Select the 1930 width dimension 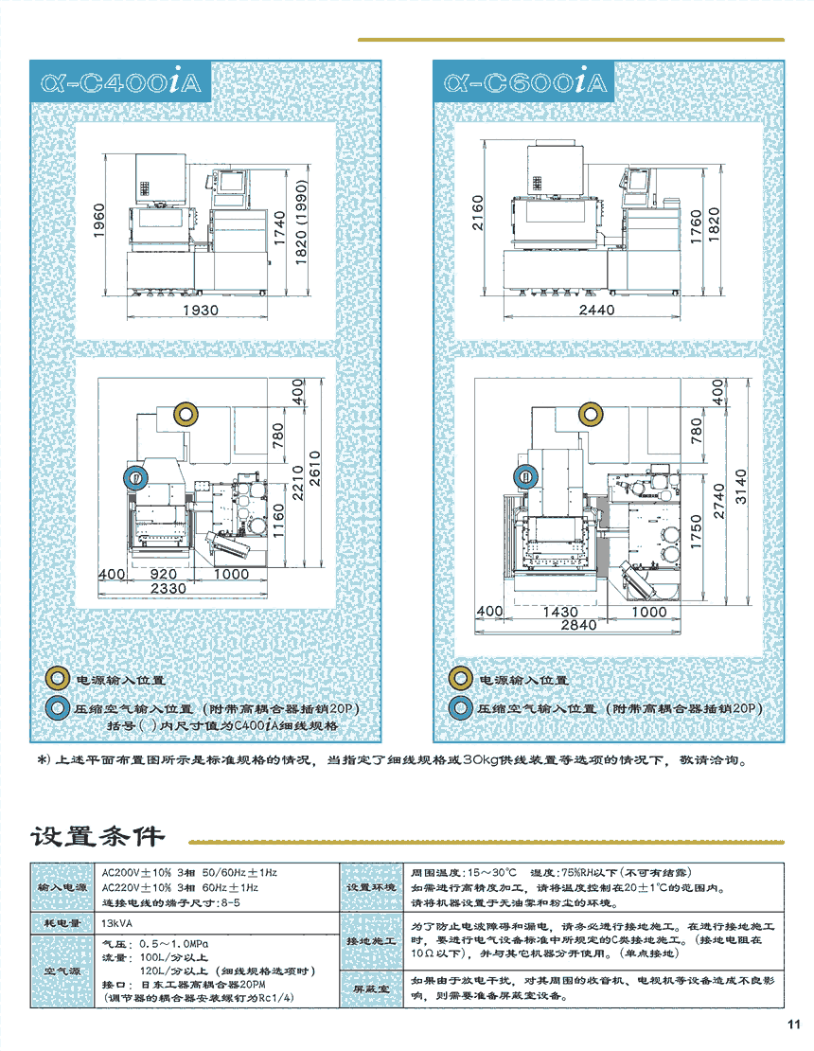point(201,310)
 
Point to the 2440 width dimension point(596,310)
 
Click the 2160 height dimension point(477,214)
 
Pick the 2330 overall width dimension point(168,588)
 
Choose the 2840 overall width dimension point(578,625)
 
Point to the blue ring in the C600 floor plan point(522,476)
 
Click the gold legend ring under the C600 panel point(461,679)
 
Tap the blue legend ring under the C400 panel point(59,707)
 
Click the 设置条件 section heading point(97,836)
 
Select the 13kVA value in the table point(117,922)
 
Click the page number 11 point(793,1024)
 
